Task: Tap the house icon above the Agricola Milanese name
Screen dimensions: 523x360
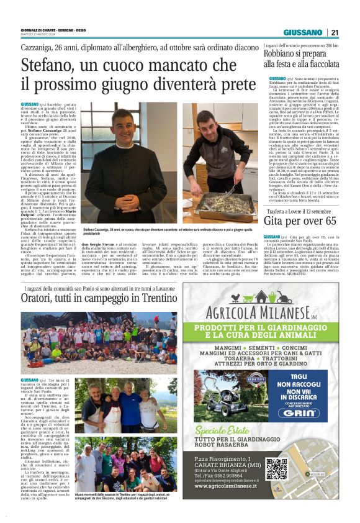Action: [x=251, y=296]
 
